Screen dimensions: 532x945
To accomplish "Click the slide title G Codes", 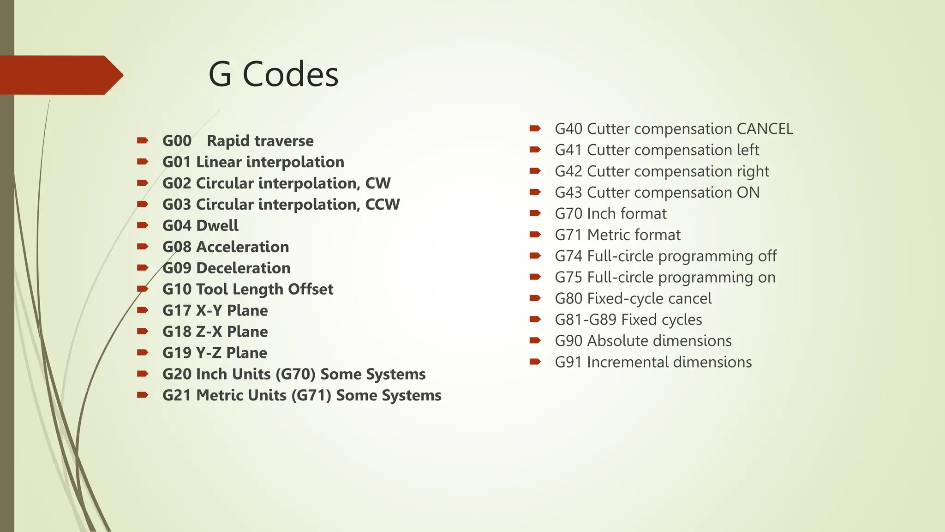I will (x=273, y=75).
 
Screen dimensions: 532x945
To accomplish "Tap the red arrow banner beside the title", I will (x=60, y=75).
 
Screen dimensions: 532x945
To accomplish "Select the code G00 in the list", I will (x=177, y=141).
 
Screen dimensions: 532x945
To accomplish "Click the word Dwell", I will (x=217, y=226).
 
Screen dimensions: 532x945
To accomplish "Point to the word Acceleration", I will (x=243, y=247).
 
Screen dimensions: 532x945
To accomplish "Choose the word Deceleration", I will (x=243, y=268).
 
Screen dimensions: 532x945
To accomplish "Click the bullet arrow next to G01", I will (x=142, y=162).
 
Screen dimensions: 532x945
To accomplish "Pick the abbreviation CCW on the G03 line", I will (x=383, y=205).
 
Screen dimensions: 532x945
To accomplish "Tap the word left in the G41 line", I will (x=748, y=150).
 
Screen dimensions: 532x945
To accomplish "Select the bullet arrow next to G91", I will (x=535, y=362).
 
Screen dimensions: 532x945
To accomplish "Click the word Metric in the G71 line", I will (x=608, y=235).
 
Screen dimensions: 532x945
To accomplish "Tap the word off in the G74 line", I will (x=767, y=256).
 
